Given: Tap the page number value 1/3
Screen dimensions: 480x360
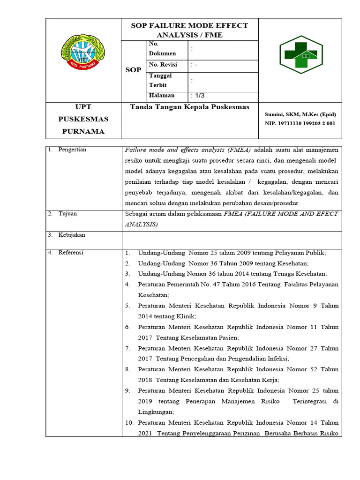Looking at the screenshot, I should [x=198, y=96].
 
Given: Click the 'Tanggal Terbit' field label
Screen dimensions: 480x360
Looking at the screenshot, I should [x=161, y=80].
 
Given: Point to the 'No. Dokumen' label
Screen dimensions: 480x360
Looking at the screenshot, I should [x=162, y=48].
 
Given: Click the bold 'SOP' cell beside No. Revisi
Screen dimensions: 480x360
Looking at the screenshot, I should [x=133, y=70].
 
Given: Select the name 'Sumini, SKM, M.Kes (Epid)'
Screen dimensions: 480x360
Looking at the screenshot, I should [x=300, y=114].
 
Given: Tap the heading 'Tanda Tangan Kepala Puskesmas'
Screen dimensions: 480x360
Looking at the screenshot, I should [x=189, y=107].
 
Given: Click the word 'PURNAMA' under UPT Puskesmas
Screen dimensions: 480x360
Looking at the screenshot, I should [x=83, y=131].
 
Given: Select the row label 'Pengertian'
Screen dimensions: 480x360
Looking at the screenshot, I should [x=72, y=150].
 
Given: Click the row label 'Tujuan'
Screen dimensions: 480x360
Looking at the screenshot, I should [x=67, y=214].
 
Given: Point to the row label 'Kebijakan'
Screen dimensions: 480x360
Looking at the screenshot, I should [x=72, y=235].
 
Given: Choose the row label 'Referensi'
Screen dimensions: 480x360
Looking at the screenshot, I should [x=71, y=253].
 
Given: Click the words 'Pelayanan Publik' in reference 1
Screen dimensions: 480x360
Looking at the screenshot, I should [x=302, y=253].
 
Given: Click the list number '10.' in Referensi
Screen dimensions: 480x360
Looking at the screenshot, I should [x=129, y=422].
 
